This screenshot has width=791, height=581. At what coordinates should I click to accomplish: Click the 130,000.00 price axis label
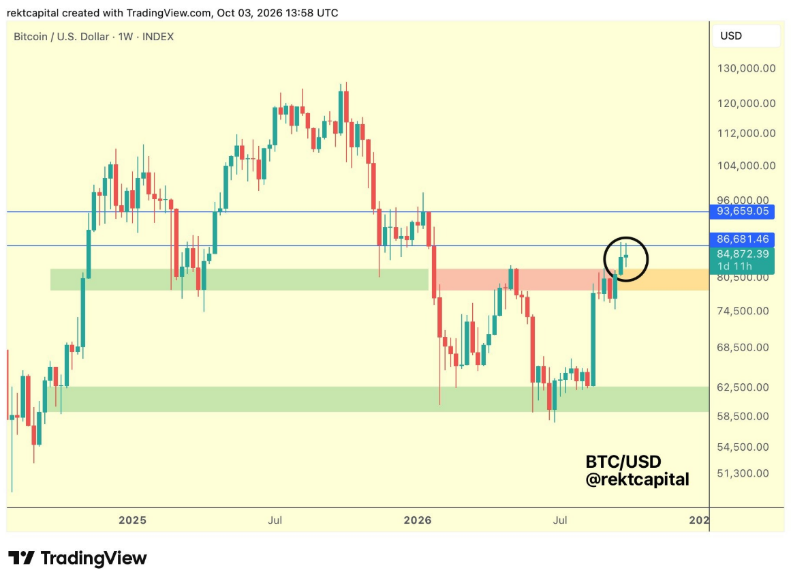[746, 68]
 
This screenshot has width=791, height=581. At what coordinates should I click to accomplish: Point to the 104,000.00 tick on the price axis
[746, 166]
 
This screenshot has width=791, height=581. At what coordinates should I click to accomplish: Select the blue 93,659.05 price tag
[741, 211]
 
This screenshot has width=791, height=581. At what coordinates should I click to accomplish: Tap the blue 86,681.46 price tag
[741, 239]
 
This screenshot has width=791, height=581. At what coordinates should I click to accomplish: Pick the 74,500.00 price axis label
[743, 311]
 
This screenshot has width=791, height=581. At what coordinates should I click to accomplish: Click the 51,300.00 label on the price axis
[743, 473]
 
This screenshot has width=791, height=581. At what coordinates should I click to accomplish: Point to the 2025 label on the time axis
[132, 520]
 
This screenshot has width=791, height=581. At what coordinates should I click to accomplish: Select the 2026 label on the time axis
[418, 520]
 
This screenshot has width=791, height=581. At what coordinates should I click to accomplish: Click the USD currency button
[746, 36]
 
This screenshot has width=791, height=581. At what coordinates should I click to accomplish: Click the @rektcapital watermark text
[637, 479]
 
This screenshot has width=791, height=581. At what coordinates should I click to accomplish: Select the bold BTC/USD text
[623, 462]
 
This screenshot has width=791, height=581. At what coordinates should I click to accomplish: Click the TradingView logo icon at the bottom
[21, 558]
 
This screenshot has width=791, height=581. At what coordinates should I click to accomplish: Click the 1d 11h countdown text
[734, 267]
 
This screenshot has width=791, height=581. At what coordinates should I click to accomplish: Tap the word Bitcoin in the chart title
[30, 37]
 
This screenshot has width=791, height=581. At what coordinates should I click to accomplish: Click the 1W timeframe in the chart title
[125, 37]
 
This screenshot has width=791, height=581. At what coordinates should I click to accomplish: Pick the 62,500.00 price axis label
[743, 387]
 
